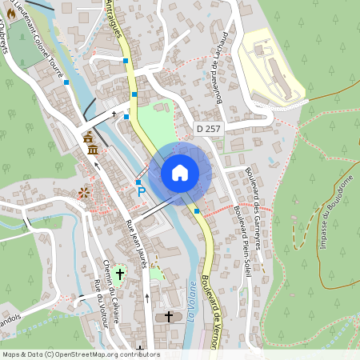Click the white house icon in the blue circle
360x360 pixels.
click(x=180, y=173)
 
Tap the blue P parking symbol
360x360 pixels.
click(x=142, y=191)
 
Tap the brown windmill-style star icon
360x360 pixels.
click(x=83, y=193)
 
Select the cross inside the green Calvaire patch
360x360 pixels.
click(x=120, y=274)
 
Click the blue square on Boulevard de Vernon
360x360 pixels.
click(x=197, y=210)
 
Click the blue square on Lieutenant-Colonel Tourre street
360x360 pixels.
click(x=66, y=82)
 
